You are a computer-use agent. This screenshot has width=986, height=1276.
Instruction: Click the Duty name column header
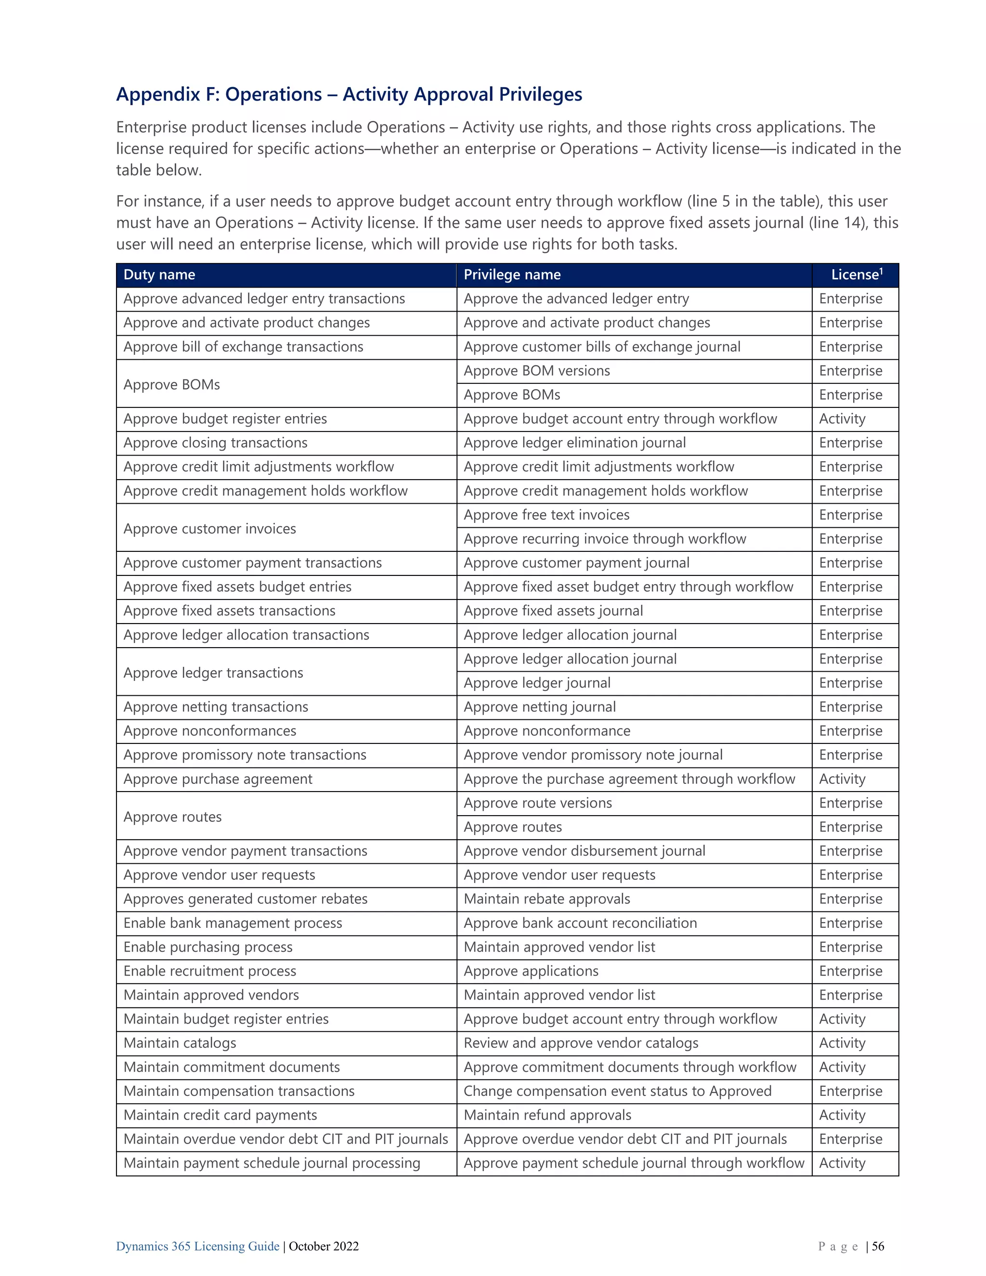159,274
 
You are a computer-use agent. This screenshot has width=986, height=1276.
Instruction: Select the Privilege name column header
512,274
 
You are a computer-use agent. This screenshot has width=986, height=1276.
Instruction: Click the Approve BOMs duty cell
172,384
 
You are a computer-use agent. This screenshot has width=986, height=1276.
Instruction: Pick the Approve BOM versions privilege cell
536,371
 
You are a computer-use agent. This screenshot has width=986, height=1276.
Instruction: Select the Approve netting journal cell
539,707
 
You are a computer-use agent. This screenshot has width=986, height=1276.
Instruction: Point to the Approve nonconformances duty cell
210,731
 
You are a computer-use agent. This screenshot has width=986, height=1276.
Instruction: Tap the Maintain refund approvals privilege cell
547,1115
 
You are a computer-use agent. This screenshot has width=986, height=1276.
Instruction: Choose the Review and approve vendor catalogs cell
581,1043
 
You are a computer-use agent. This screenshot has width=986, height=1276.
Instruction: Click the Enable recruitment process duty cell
210,971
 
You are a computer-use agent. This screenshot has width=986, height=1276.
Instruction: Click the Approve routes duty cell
172,817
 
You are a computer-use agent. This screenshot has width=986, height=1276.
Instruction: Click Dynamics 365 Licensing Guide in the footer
197,1246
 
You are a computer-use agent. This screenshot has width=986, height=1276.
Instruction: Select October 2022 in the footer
324,1246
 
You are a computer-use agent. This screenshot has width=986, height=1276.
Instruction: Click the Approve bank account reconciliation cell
580,923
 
